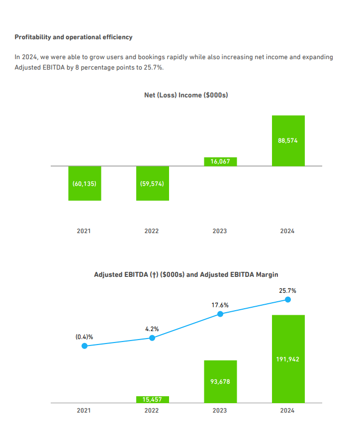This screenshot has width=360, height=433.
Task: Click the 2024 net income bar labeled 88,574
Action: click(x=288, y=141)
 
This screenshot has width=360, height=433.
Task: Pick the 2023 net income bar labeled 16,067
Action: click(x=220, y=162)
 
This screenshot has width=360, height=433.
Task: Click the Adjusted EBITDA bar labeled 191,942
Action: click(x=288, y=358)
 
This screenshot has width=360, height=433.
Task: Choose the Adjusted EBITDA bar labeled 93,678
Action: click(x=220, y=381)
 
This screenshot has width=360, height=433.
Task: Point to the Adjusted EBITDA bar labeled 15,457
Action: click(x=152, y=399)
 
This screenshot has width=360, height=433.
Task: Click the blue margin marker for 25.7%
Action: click(x=288, y=299)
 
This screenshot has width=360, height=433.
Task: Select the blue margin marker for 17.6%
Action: click(x=220, y=314)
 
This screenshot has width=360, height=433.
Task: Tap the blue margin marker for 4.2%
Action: click(x=152, y=338)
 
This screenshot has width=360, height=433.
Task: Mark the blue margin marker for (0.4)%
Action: click(x=85, y=346)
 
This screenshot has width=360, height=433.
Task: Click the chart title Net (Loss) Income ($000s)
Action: click(x=186, y=95)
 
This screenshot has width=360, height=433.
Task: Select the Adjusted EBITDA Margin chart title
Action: click(x=186, y=274)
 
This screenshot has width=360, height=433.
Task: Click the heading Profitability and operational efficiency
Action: click(x=73, y=37)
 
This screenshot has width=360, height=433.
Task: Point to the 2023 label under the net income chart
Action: click(x=220, y=231)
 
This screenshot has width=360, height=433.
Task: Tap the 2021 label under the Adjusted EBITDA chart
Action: click(x=84, y=411)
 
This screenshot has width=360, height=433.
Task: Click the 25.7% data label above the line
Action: click(x=288, y=290)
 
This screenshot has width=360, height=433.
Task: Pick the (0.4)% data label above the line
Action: click(x=84, y=337)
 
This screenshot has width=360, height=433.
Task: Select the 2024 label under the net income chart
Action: click(x=287, y=231)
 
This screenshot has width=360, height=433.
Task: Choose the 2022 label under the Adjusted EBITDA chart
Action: click(x=152, y=411)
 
